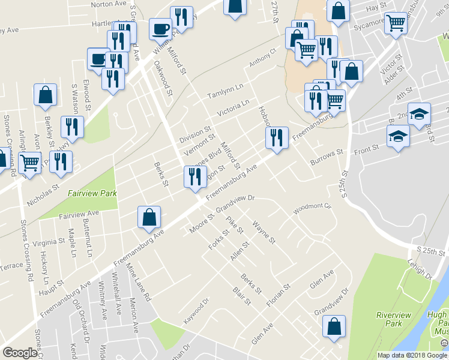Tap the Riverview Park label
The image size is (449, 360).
[393, 319]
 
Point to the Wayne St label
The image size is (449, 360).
[264, 233]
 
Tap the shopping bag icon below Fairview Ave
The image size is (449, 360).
[149, 218]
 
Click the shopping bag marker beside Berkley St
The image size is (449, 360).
[45, 95]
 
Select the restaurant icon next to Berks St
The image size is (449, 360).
[194, 176]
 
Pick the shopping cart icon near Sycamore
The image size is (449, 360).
[396, 24]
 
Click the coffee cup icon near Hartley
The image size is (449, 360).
[160, 28]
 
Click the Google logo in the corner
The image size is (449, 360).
[20, 353]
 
